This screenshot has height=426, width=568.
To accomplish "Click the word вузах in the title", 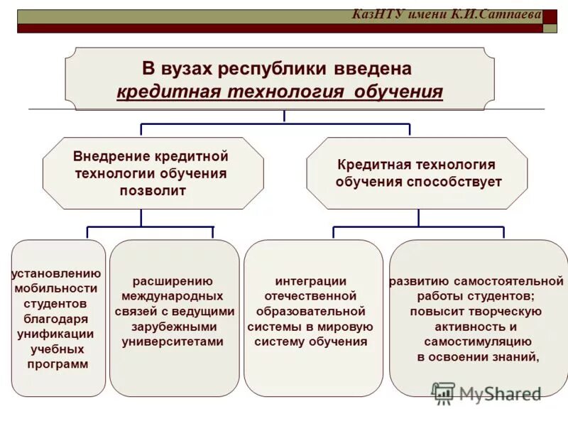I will [x=187, y=69].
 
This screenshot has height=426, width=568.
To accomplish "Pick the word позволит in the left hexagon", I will [x=152, y=190].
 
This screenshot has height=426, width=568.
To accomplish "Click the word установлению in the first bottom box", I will [x=57, y=273].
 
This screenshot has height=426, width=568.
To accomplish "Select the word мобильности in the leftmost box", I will [x=56, y=288].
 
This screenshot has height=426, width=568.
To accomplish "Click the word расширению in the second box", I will [x=173, y=280].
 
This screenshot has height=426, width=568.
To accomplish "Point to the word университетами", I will [x=173, y=342].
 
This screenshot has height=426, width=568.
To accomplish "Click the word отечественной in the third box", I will [x=311, y=296].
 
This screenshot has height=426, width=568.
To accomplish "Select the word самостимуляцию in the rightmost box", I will [x=476, y=342].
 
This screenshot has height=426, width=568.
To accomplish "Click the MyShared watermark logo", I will [x=487, y=393].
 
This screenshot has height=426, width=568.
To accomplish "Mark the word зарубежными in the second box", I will [x=173, y=327].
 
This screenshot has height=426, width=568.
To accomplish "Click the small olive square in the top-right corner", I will [x=550, y=28].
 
